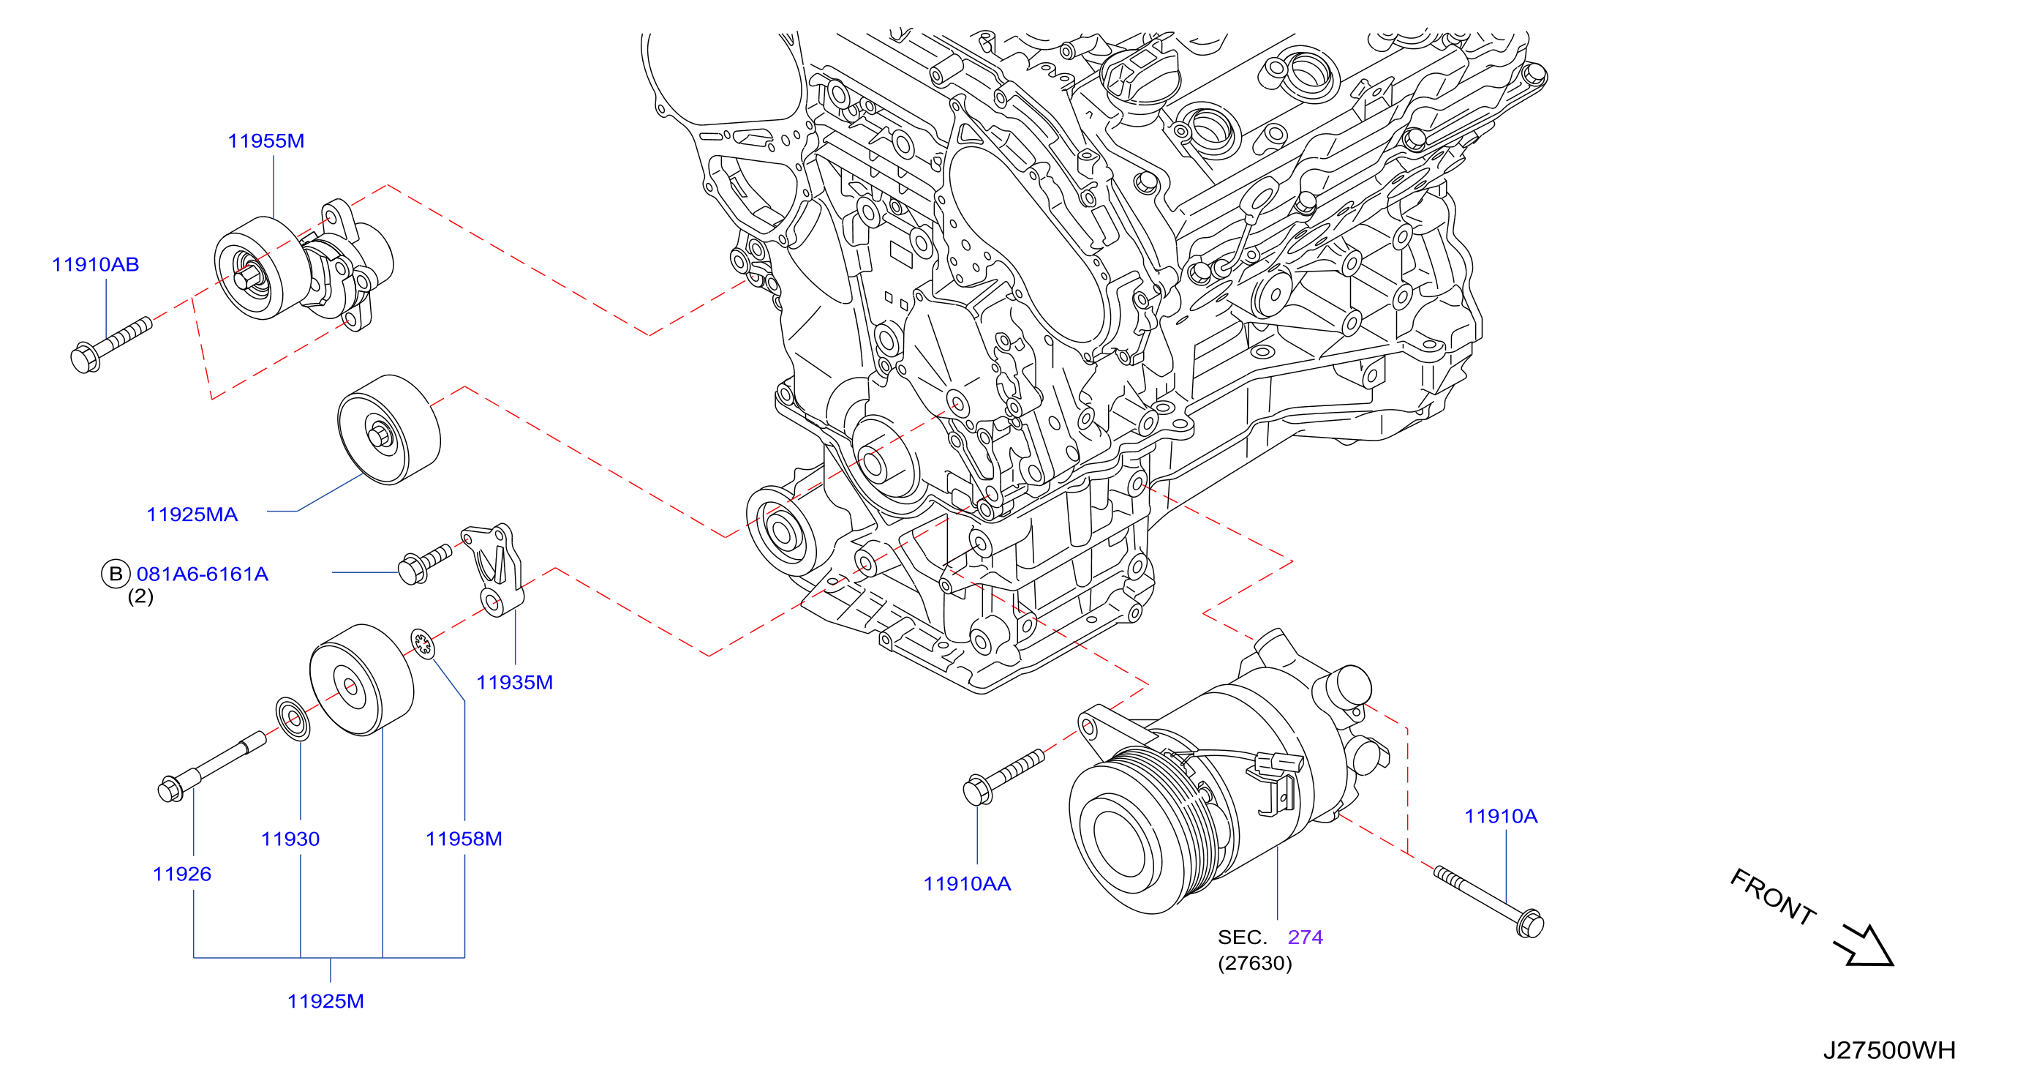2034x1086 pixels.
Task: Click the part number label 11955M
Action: point(266,141)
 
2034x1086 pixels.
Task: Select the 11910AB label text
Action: point(96,265)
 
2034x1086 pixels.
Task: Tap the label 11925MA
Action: point(192,514)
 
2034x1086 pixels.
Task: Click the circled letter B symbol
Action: point(116,574)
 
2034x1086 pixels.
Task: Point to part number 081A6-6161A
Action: point(202,574)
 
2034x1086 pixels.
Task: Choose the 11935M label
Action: point(515,682)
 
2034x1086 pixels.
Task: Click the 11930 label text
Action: point(290,839)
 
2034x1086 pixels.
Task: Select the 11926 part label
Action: point(182,874)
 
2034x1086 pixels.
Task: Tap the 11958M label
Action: point(464,839)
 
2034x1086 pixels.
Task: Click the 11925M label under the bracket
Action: point(326,1002)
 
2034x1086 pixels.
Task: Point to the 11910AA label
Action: point(967,884)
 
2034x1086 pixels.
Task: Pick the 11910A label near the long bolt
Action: point(1501,816)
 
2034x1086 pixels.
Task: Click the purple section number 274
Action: point(1306,937)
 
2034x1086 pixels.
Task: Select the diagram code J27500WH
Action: point(1889,1050)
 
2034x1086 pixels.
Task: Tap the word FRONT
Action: point(1772,896)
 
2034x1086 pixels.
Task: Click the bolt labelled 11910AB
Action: point(111,345)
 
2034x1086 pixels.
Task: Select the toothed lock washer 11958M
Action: point(423,644)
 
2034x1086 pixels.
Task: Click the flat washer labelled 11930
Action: point(293,719)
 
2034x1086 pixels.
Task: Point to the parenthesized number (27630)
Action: point(1254,964)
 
